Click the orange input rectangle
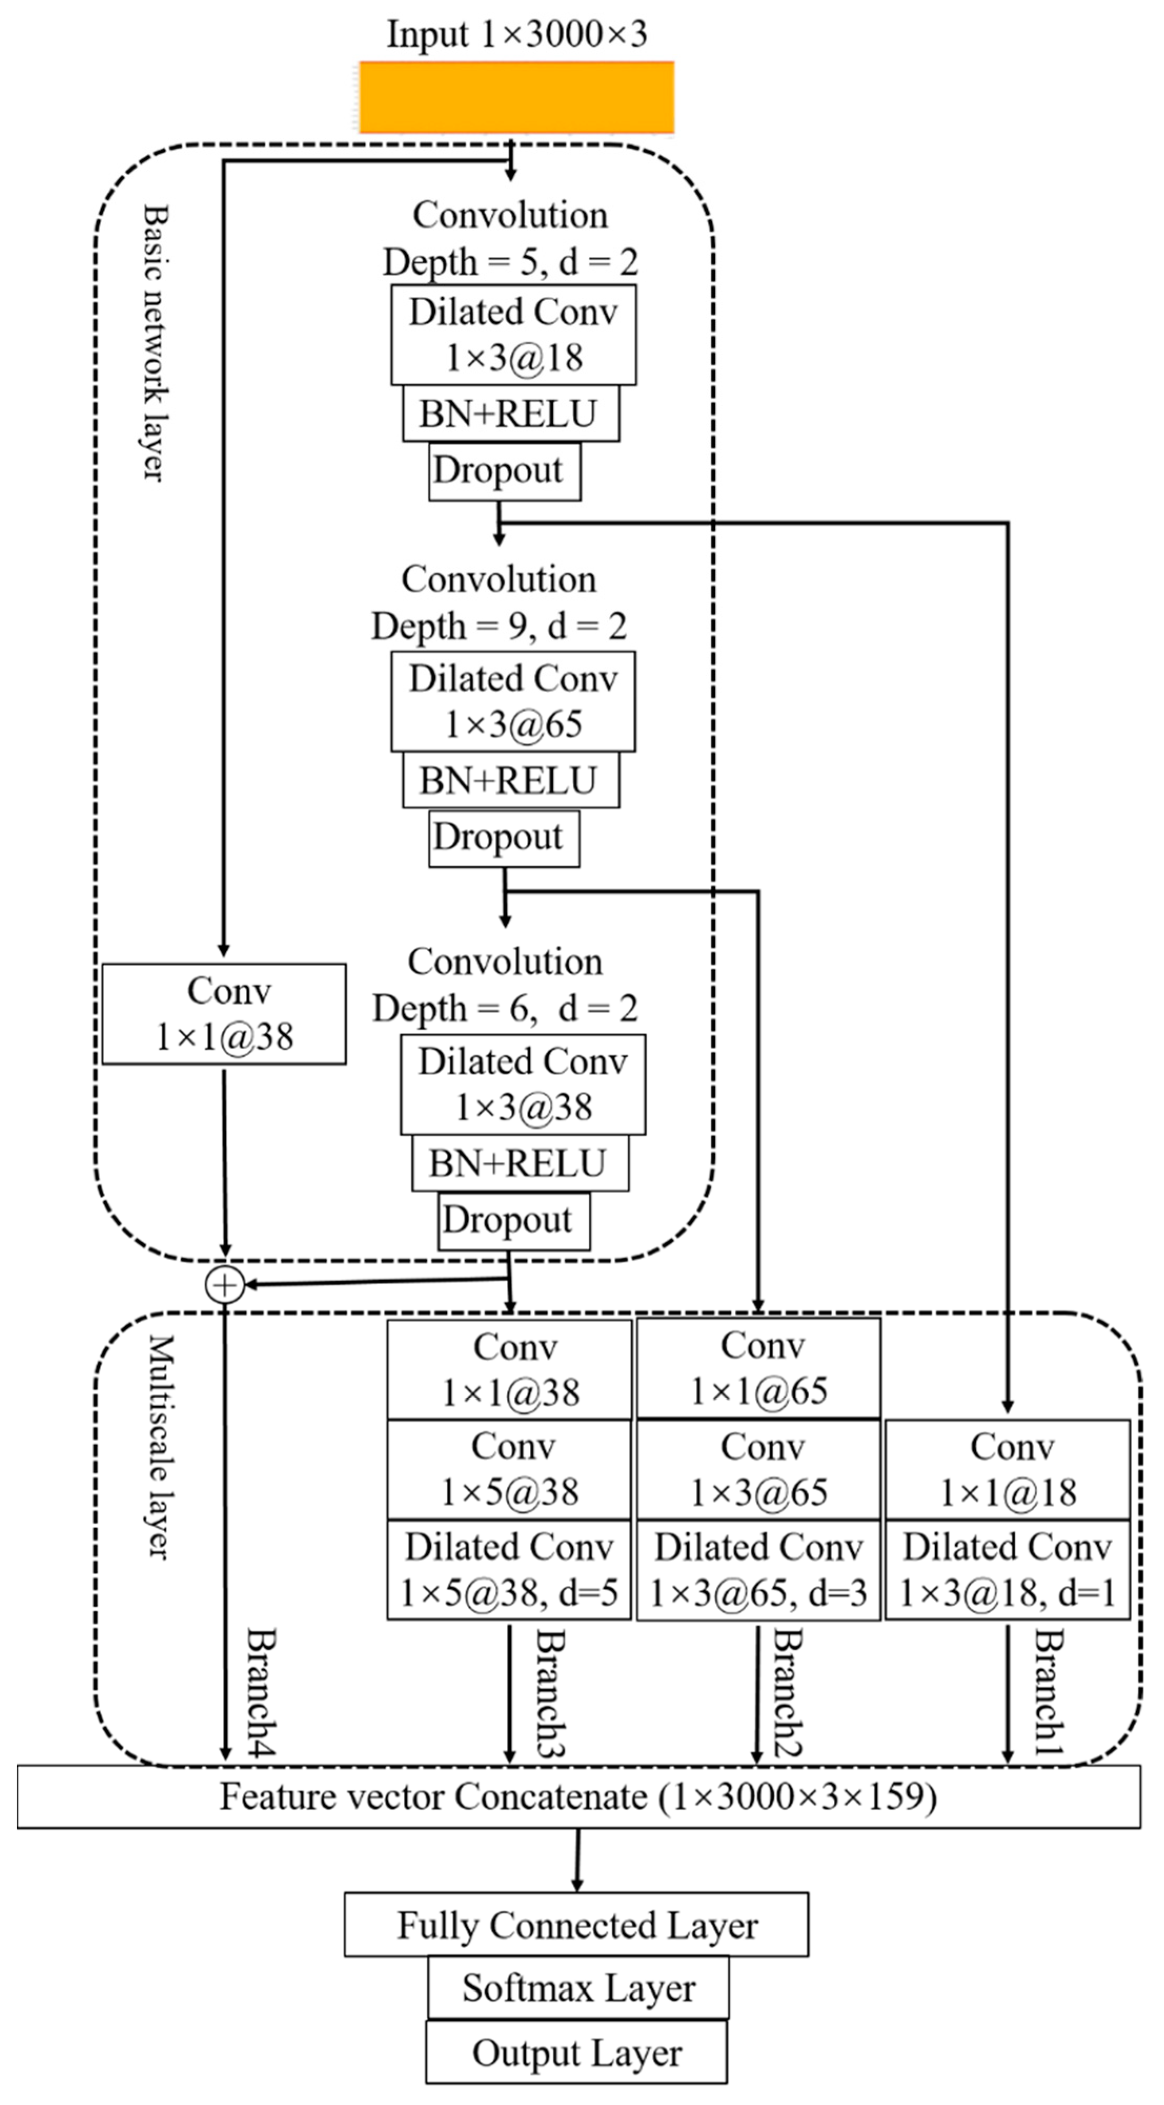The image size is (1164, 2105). click(517, 97)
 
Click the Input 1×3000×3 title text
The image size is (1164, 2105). click(517, 34)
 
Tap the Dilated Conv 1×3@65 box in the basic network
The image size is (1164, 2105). click(513, 701)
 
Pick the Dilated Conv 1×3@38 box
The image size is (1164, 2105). click(523, 1085)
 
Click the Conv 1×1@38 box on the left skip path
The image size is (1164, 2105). click(224, 1013)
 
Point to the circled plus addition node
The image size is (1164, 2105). click(225, 1285)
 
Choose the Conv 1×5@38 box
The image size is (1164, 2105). click(509, 1469)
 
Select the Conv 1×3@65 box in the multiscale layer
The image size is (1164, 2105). click(759, 1469)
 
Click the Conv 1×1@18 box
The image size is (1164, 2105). click(1008, 1469)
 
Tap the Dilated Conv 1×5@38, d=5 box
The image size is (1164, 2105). click(509, 1570)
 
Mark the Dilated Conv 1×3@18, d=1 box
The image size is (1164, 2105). click(1008, 1570)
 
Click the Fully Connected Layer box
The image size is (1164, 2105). click(576, 1925)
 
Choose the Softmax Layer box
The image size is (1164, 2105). click(578, 1987)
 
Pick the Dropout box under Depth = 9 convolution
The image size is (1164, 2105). click(504, 838)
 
